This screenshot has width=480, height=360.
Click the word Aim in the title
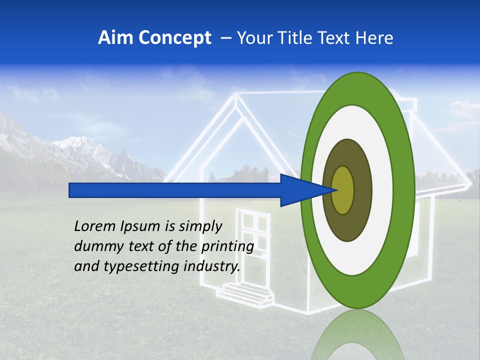tap(115, 38)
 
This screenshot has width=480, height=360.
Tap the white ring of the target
tap(385, 190)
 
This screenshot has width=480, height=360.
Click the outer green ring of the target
tap(405, 190)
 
